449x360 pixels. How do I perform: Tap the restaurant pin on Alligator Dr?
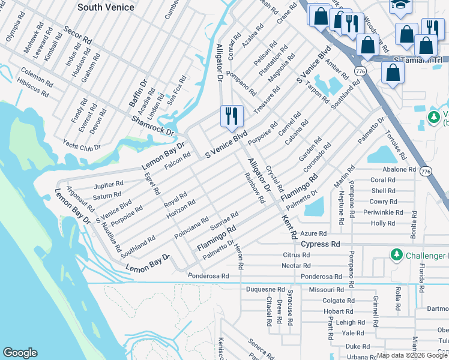pos(232,116)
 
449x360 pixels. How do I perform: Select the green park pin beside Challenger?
pos(396,256)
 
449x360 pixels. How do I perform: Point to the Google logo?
pos(20,353)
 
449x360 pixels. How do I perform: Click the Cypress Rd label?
pos(321,244)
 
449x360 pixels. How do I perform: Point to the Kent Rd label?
pos(288,225)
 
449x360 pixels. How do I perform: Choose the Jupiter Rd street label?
pos(108,184)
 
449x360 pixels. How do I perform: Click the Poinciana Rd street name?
pos(191,226)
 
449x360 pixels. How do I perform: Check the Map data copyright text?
pos(412,355)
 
